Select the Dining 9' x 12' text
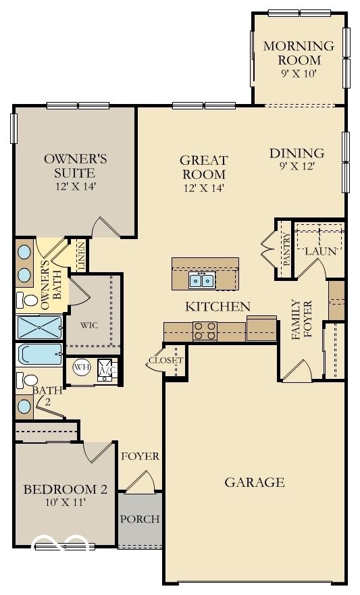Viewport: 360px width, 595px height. tap(297, 159)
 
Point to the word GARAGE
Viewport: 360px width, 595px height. tap(255, 482)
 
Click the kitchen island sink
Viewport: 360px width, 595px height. tap(202, 280)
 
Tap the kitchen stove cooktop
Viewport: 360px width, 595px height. tap(205, 330)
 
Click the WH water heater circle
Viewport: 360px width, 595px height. tap(82, 368)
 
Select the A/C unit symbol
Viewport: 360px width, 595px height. tap(105, 370)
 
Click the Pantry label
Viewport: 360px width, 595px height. tap(286, 250)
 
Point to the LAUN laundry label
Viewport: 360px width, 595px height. tap(316, 251)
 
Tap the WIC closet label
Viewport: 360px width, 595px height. tap(89, 325)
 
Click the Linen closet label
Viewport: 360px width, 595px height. tap(81, 256)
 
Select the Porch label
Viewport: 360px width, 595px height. tap(140, 519)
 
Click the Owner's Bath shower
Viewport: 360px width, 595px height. tap(39, 327)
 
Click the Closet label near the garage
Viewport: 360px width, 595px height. tap(166, 361)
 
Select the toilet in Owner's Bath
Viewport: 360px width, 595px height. tap(29, 299)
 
